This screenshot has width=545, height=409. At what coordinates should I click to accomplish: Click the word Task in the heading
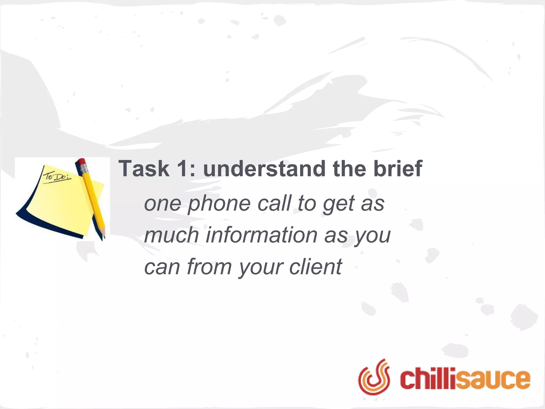click(144, 169)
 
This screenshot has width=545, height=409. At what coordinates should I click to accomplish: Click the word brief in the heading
click(398, 169)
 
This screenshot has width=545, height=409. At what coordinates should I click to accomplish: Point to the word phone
click(219, 204)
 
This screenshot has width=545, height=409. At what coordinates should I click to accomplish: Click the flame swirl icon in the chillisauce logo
click(374, 377)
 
